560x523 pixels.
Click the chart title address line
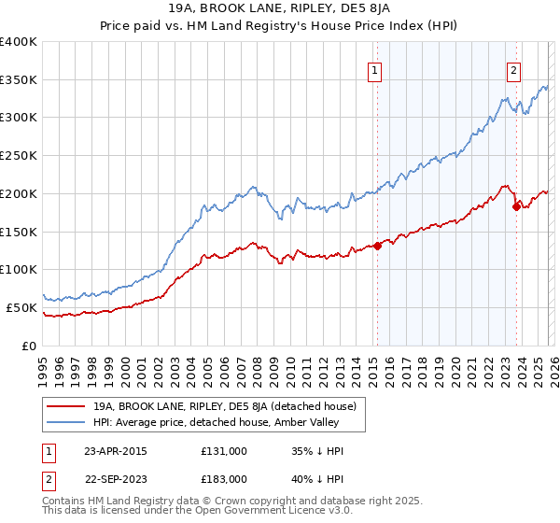[279, 10]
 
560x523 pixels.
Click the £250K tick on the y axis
[19, 155]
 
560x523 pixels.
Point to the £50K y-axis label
[21, 307]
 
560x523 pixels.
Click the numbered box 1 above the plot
[375, 69]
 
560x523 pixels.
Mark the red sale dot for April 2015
[377, 247]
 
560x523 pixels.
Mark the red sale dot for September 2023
[516, 206]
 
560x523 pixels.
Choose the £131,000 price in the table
[224, 450]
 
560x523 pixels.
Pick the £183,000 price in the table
[224, 478]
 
